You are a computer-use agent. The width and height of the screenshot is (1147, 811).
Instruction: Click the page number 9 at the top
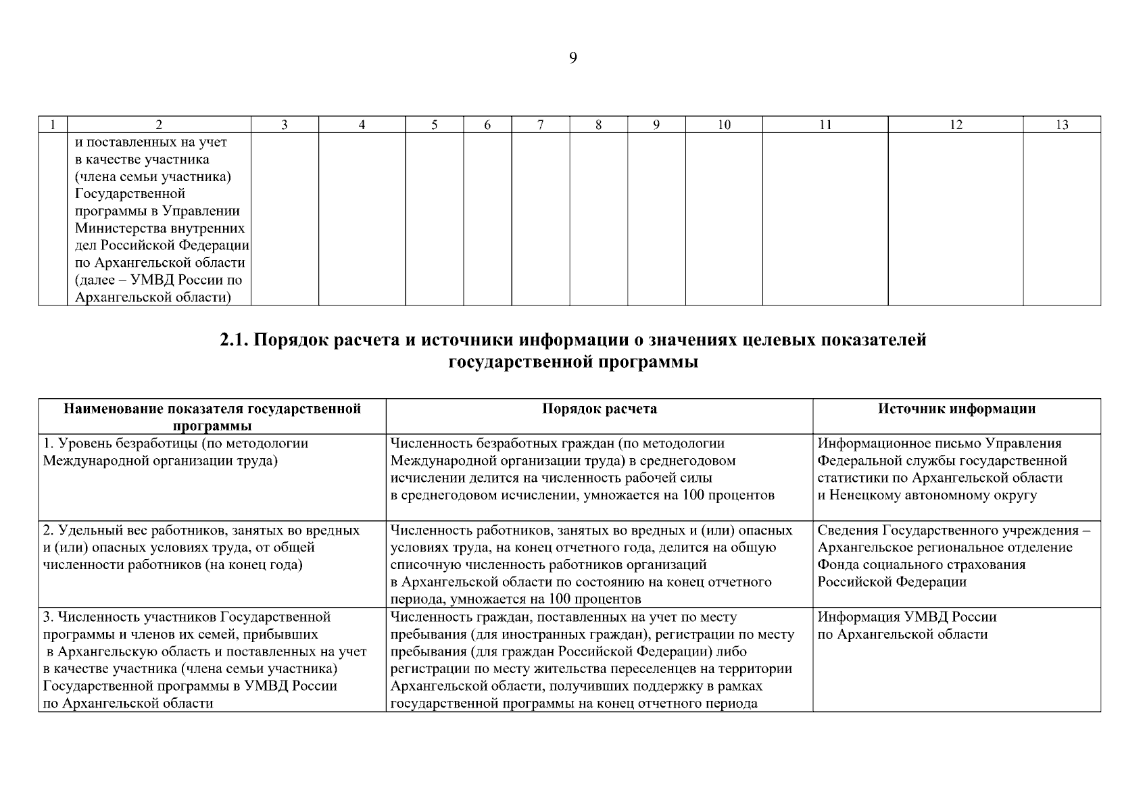click(573, 59)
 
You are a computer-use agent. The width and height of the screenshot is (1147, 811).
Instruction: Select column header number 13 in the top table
click(1062, 124)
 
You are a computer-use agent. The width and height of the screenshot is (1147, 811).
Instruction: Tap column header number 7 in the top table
click(541, 124)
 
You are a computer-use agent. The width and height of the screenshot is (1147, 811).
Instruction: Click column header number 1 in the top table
click(52, 124)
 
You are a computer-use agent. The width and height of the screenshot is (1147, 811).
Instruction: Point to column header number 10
click(724, 124)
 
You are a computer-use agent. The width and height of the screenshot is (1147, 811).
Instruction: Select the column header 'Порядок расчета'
click(599, 409)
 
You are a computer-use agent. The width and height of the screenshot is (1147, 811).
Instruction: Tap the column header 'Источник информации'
click(956, 409)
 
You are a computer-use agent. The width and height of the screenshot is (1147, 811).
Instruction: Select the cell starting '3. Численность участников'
click(204, 660)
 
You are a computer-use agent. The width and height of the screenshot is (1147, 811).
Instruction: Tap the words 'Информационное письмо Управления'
click(939, 444)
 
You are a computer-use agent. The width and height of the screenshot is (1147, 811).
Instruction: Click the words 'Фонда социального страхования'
click(921, 565)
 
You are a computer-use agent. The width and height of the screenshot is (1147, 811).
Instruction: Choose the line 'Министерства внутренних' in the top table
click(160, 228)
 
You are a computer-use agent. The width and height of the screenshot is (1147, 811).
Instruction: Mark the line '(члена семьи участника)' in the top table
click(153, 177)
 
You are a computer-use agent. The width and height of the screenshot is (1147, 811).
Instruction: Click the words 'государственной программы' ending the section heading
click(573, 363)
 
